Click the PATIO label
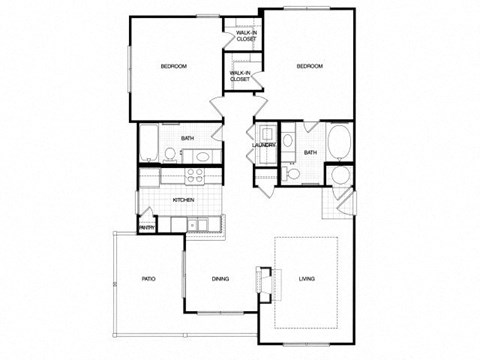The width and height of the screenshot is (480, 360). (x=147, y=279)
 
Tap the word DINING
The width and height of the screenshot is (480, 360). (x=221, y=279)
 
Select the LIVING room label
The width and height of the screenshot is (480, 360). (x=306, y=279)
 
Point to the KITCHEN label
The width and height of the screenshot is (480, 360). (x=183, y=200)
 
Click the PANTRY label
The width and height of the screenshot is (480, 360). (x=146, y=226)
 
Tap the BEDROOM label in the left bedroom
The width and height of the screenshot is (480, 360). (x=174, y=67)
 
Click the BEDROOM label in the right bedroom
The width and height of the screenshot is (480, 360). (x=309, y=66)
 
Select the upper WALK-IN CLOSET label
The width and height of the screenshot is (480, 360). (x=245, y=37)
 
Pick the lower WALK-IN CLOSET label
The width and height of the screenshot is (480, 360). (x=240, y=75)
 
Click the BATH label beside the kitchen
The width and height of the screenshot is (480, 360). (x=187, y=138)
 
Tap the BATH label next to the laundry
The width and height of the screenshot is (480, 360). (x=310, y=152)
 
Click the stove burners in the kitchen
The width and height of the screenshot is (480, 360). (x=196, y=174)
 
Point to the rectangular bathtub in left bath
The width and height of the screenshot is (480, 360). (x=147, y=143)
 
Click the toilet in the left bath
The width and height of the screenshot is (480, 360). (x=171, y=154)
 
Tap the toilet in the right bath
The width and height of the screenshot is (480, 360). (x=293, y=173)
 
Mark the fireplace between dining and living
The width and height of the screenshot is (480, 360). (x=264, y=281)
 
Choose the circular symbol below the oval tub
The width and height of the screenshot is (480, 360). (x=340, y=175)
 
